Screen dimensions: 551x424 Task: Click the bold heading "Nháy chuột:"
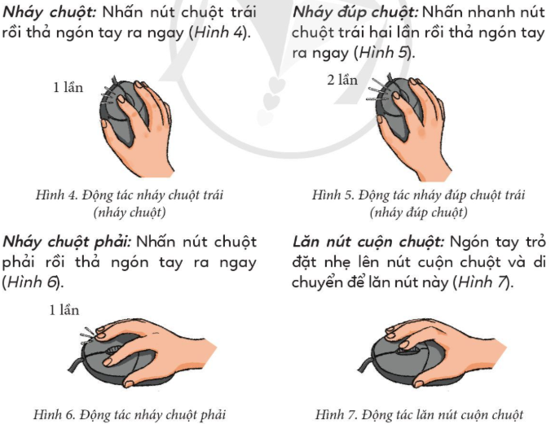[50, 13]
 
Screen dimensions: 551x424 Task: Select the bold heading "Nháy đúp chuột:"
[355, 13]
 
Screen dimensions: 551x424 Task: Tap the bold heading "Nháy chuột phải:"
[67, 243]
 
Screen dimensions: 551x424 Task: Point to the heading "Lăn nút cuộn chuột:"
[368, 243]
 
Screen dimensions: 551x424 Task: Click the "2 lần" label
[342, 80]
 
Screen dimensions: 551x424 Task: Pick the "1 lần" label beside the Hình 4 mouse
[68, 87]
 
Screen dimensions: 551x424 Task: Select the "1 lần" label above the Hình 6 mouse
[64, 310]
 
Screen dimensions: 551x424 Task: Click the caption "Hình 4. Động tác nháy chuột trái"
[130, 195]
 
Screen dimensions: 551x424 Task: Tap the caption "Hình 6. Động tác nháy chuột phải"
[130, 414]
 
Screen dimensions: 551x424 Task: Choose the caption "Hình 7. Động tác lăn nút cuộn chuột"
[419, 414]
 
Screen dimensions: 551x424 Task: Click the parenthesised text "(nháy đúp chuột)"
[418, 212]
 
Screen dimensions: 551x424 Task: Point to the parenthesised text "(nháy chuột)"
[130, 212]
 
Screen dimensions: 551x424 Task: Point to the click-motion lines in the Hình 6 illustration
[88, 334]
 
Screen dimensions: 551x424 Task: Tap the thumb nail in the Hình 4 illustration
[104, 123]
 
